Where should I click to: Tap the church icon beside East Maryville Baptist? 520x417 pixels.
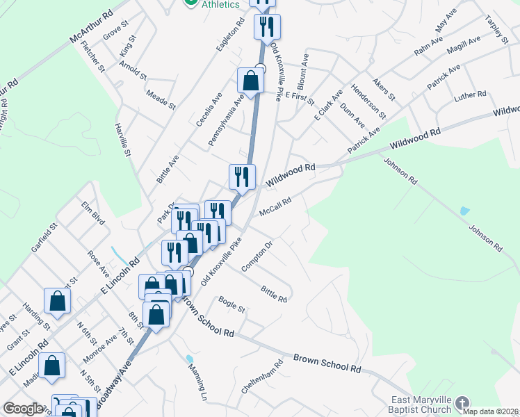(462, 402)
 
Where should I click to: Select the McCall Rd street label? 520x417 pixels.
(275, 206)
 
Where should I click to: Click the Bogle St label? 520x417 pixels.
(231, 304)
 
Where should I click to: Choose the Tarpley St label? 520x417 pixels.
(496, 30)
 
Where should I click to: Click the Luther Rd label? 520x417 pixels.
(470, 95)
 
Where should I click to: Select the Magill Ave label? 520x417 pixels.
(464, 44)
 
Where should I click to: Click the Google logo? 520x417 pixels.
(23, 409)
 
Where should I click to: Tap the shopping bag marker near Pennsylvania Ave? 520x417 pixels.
(250, 81)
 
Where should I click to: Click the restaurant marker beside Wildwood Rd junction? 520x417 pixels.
(242, 177)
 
